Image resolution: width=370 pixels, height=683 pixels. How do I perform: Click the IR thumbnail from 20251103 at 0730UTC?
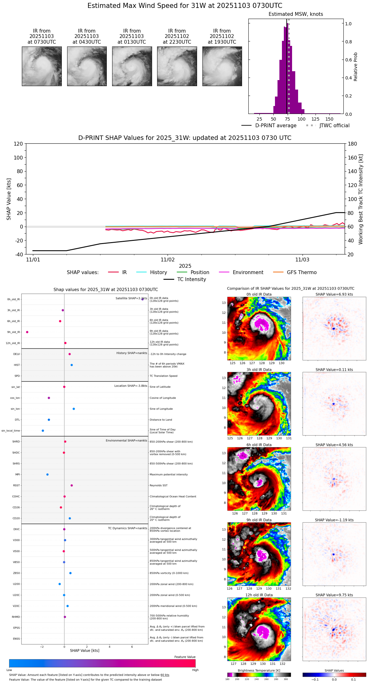point(42,66)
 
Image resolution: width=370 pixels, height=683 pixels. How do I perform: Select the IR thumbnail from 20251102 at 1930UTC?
point(222,66)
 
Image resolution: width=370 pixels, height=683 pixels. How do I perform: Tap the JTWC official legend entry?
point(334,126)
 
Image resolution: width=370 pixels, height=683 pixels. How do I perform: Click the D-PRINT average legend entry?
point(276,126)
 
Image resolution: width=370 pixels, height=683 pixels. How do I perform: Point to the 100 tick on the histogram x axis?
point(302,119)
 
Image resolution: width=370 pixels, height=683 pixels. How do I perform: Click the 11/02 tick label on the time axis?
point(168,260)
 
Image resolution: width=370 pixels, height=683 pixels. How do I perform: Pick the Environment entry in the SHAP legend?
point(248,273)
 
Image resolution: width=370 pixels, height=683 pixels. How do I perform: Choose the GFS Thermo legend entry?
point(302,273)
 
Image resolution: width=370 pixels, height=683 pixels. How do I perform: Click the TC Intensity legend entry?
point(191,279)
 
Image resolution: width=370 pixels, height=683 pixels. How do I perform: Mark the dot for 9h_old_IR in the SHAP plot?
point(27,332)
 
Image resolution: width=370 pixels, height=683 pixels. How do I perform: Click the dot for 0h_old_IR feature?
point(143,299)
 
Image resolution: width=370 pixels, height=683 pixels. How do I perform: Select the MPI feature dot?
point(48,474)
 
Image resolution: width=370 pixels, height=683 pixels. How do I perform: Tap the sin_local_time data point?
point(43,431)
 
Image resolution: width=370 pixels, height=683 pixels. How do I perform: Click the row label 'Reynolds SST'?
point(158,486)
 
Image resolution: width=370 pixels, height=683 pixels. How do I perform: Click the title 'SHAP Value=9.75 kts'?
point(334,595)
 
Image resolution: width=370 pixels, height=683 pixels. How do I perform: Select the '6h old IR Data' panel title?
point(259,445)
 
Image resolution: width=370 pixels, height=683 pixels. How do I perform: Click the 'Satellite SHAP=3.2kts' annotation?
point(131,298)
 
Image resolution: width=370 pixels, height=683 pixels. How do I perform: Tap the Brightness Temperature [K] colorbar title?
point(259,670)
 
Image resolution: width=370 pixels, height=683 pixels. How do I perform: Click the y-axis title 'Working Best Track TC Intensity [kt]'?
point(361,199)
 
